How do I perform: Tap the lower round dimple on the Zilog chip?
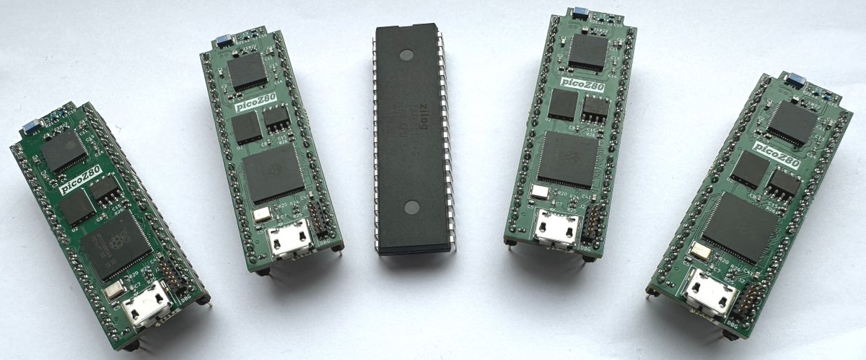click(411, 208)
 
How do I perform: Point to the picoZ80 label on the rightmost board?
click(776, 152)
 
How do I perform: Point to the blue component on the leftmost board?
click(31, 128)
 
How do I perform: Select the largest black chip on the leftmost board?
click(116, 245)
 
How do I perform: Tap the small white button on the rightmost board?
click(699, 251)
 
